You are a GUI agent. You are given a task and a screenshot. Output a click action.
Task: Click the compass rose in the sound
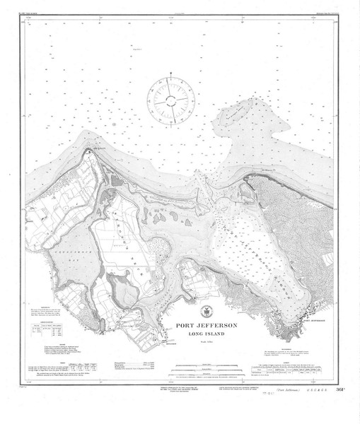(x=170, y=98)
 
